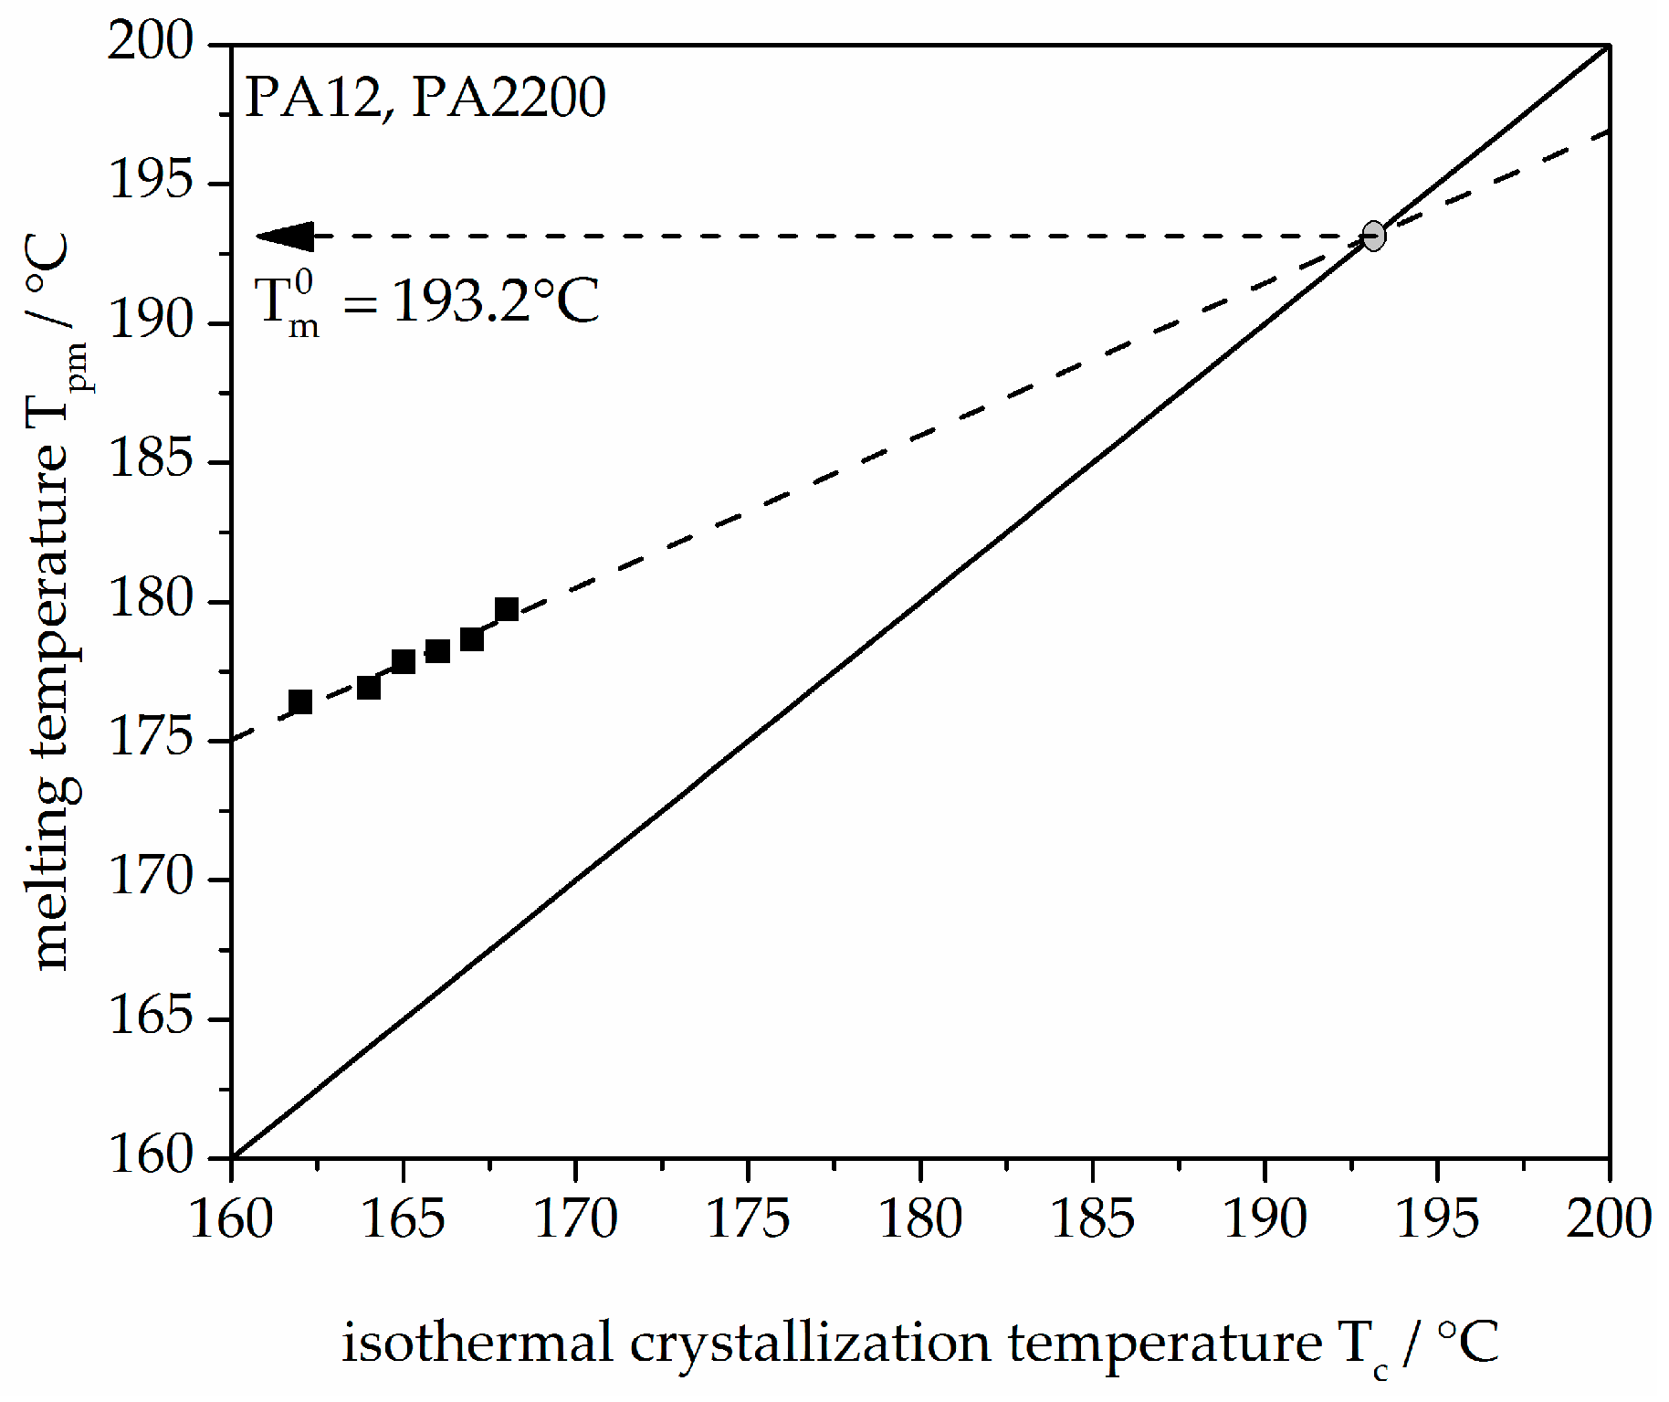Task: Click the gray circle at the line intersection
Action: click(x=1373, y=236)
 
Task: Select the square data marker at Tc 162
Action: click(x=300, y=701)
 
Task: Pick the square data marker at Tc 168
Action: click(x=507, y=609)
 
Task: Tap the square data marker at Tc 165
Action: click(x=404, y=661)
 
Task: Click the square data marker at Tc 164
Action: click(x=369, y=687)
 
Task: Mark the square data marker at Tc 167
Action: click(x=472, y=639)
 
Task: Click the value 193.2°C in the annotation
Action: click(x=496, y=300)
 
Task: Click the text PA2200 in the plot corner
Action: click(x=509, y=97)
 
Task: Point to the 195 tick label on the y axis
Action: click(x=152, y=180)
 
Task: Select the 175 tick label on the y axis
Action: click(x=152, y=738)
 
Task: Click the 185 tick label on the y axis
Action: click(x=152, y=459)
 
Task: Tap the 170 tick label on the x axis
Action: click(x=575, y=1219)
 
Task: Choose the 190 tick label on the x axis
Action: click(x=1265, y=1219)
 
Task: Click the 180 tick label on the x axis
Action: click(x=920, y=1219)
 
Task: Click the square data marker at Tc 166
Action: click(x=437, y=651)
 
